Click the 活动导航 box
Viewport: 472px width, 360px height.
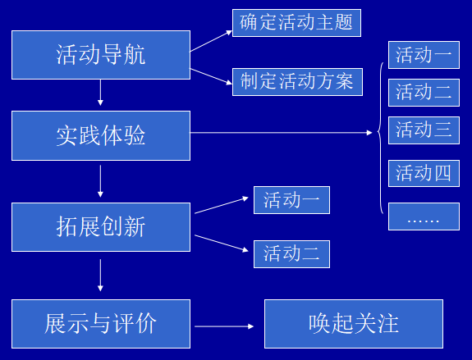(x=101, y=55)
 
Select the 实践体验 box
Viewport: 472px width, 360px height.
(x=101, y=135)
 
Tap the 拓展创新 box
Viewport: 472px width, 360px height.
(x=101, y=227)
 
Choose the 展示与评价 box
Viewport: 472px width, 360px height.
(x=101, y=324)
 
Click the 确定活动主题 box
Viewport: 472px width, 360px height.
(x=296, y=23)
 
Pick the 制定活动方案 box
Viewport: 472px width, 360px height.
(x=297, y=82)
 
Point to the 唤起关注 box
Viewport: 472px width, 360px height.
(x=354, y=324)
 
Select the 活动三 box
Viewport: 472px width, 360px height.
(x=424, y=130)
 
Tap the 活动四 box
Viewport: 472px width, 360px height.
(x=424, y=174)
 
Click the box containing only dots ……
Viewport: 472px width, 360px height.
(x=424, y=216)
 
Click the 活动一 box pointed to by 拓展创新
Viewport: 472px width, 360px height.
(x=291, y=200)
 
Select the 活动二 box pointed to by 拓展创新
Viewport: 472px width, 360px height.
(x=291, y=254)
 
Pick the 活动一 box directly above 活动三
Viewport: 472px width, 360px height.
(x=424, y=55)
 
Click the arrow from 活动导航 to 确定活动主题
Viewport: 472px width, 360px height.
(x=211, y=41)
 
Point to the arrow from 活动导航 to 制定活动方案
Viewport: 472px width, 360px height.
(x=211, y=76)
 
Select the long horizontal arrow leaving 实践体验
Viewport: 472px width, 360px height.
(x=282, y=132)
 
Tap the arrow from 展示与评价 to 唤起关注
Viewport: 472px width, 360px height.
(x=224, y=326)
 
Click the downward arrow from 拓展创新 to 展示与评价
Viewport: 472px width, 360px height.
(x=100, y=276)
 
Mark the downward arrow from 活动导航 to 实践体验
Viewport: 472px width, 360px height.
(x=100, y=93)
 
